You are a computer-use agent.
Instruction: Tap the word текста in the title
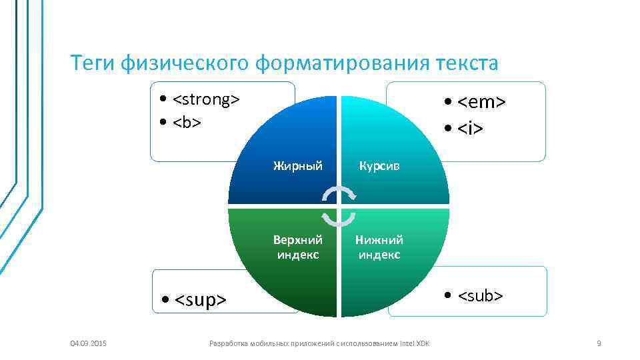(467, 63)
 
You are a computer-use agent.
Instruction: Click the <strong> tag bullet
(206, 100)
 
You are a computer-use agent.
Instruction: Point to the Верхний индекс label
(298, 247)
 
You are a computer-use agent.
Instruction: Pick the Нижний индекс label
(379, 247)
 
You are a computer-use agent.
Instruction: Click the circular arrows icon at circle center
(339, 206)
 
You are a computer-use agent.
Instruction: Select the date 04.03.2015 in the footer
(88, 343)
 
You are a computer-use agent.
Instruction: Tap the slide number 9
(599, 343)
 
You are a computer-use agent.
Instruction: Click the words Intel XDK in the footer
(415, 343)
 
